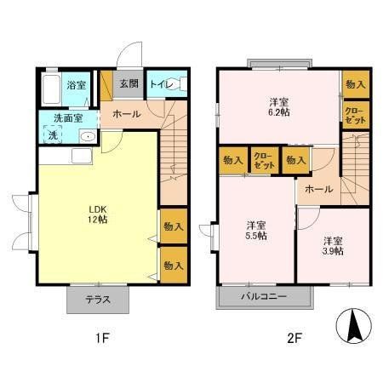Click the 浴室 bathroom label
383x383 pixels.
pyautogui.click(x=77, y=85)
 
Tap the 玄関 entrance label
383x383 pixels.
pyautogui.click(x=129, y=83)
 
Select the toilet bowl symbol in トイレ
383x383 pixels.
pyautogui.click(x=172, y=84)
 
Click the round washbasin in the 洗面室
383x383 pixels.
pyautogui.click(x=89, y=136)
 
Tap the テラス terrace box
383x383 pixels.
pyautogui.click(x=99, y=299)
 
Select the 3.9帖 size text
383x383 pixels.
pyautogui.click(x=334, y=251)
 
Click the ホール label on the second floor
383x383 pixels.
pyautogui.click(x=318, y=189)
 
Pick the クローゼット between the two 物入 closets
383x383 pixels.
pyautogui.click(x=263, y=160)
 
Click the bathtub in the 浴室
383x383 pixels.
pyautogui.click(x=51, y=86)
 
